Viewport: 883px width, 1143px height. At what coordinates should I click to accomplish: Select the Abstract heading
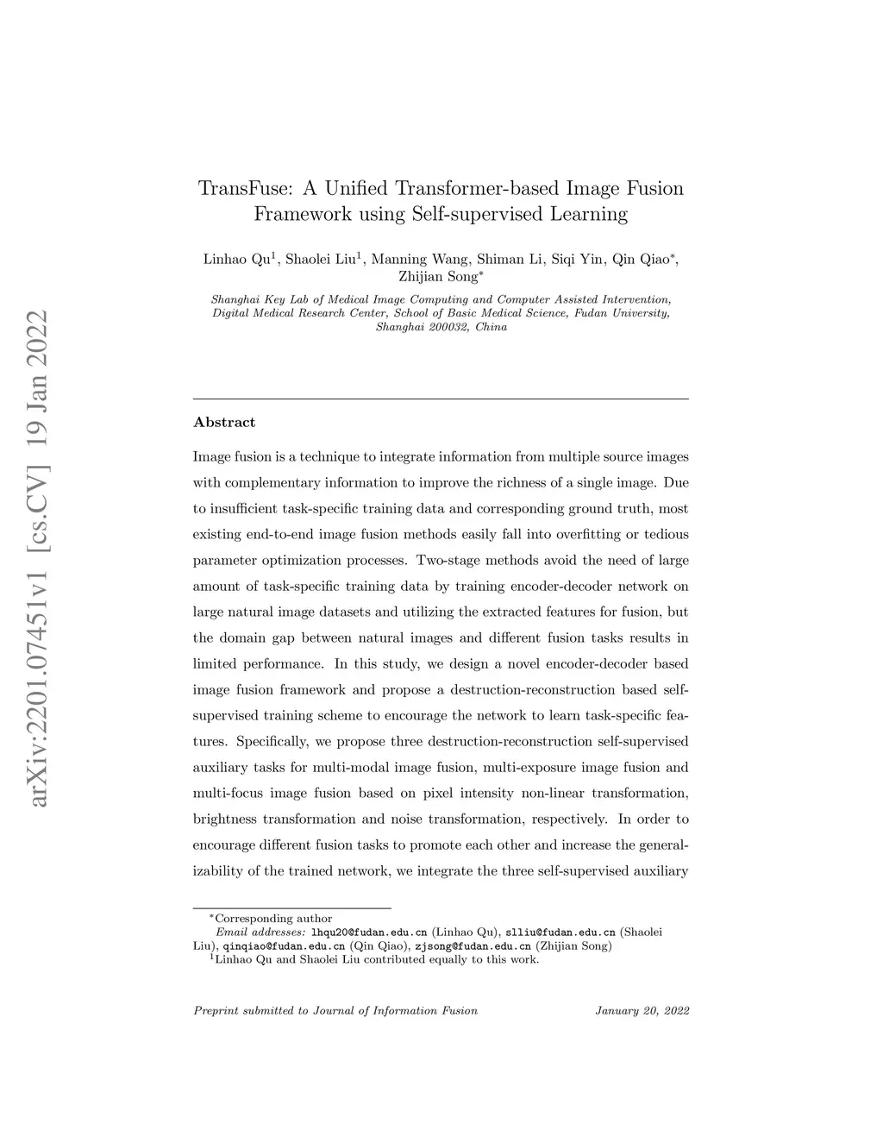coord(224,422)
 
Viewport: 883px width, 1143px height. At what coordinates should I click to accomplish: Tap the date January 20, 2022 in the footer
coord(642,1010)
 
